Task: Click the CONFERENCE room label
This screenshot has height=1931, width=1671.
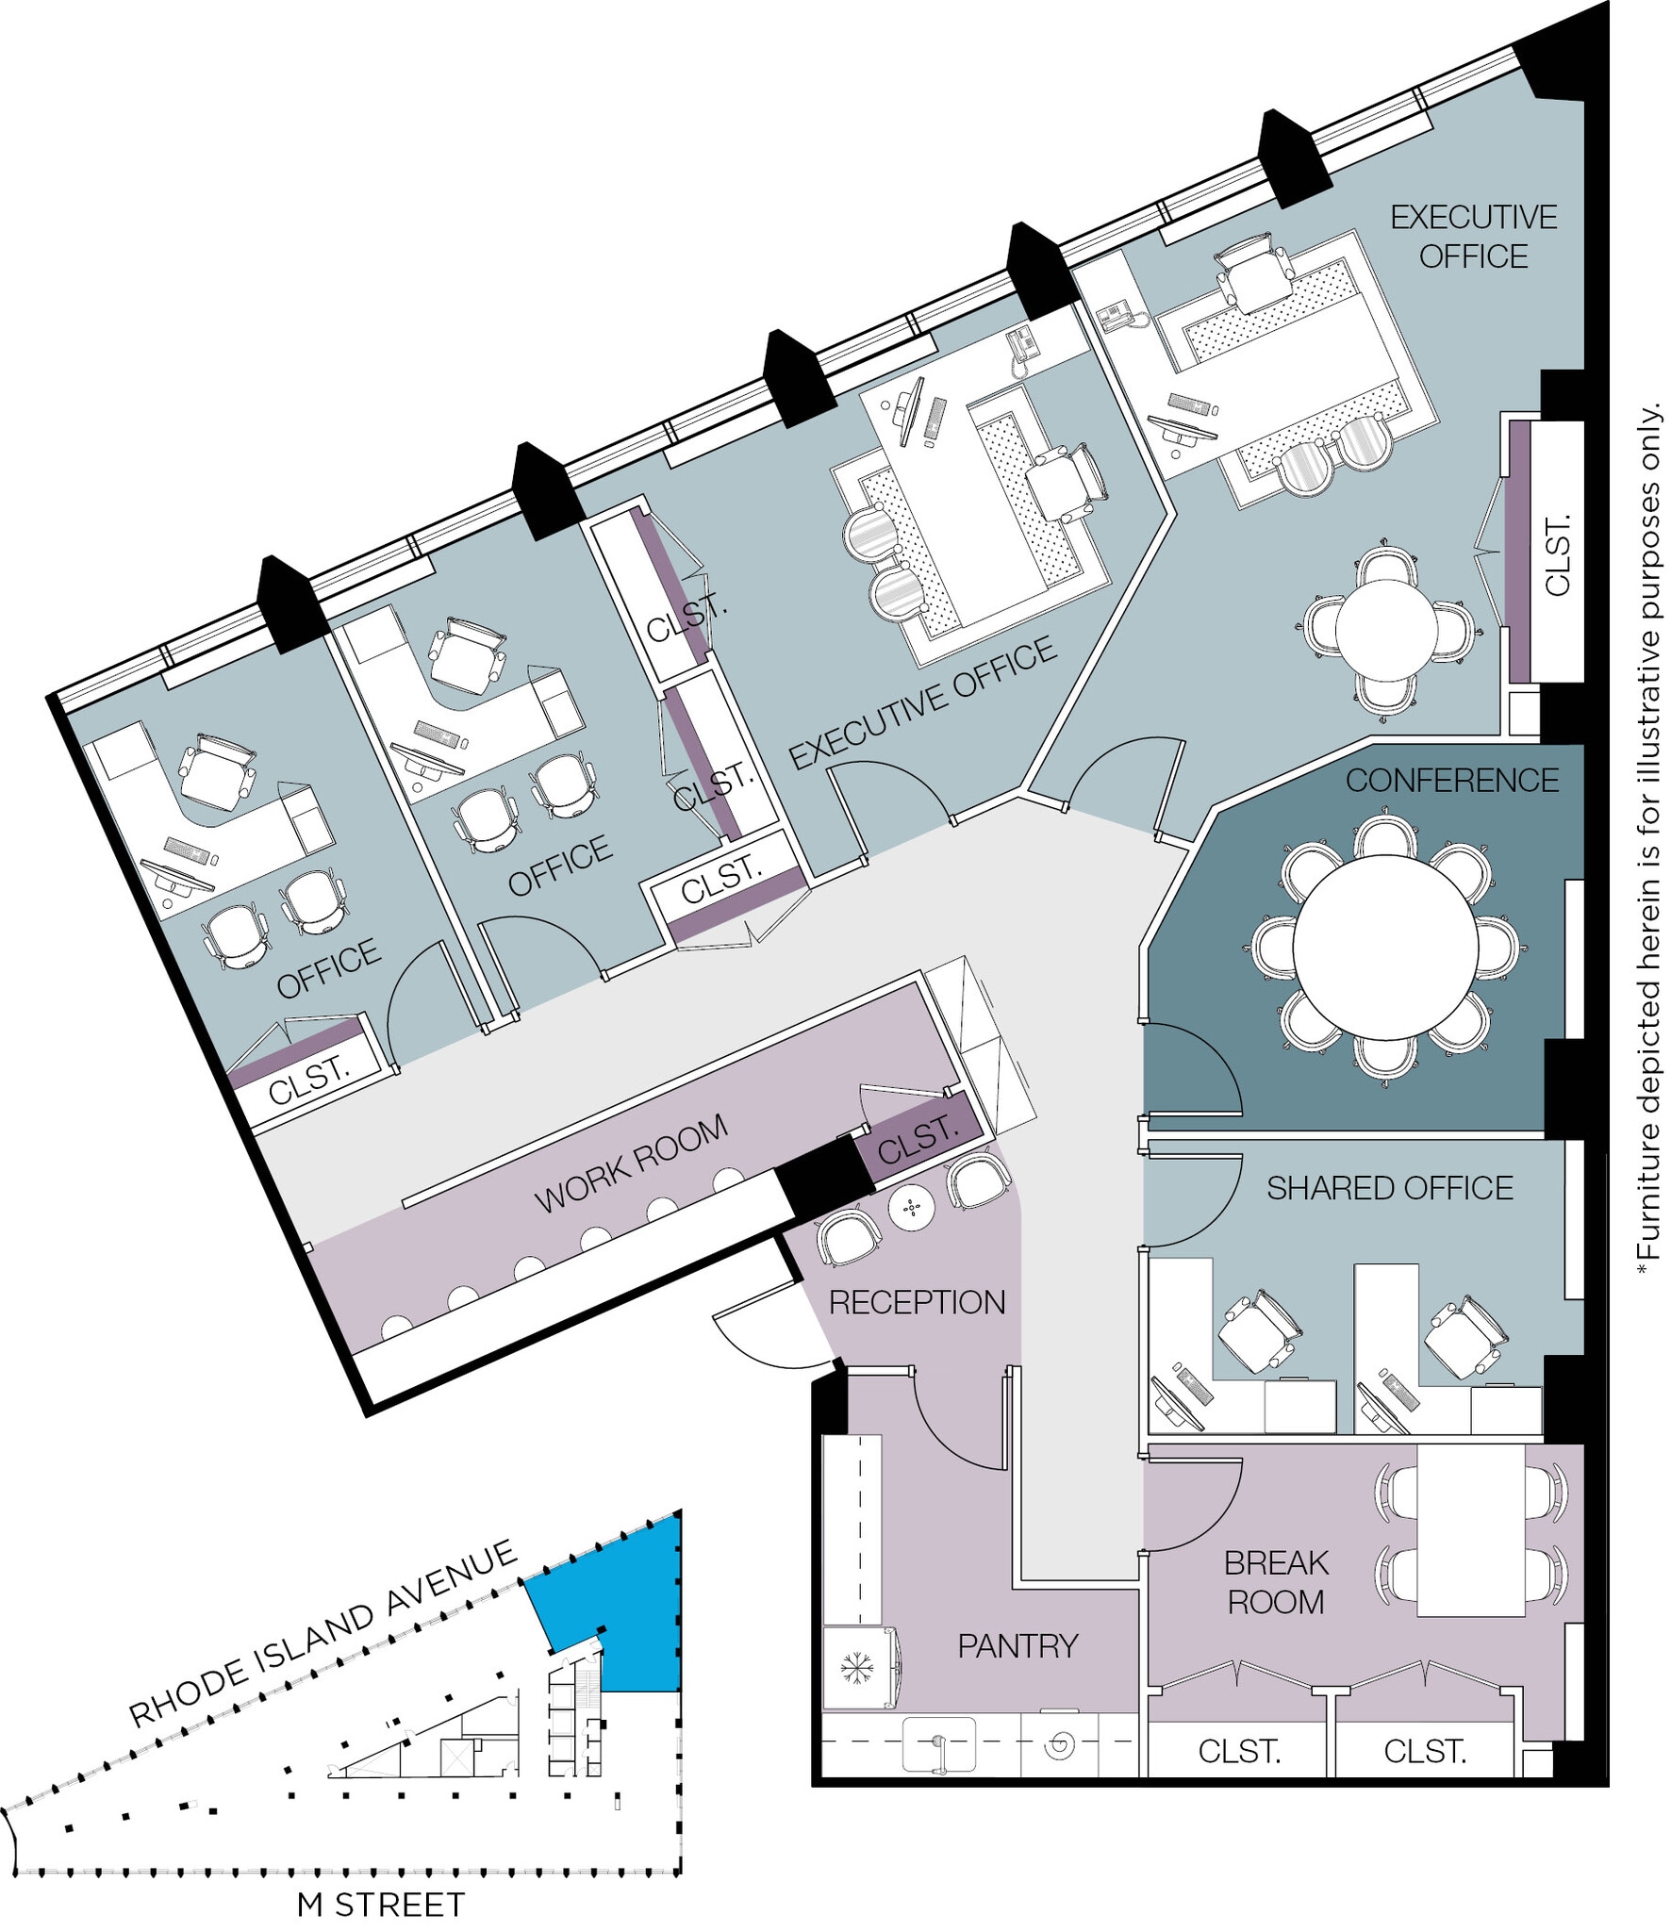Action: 1451,781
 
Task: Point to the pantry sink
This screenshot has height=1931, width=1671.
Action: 938,1744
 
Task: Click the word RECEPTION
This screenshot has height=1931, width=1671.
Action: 917,1302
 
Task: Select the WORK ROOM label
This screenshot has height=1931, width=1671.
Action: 631,1164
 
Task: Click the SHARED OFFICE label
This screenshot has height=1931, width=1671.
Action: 1389,1188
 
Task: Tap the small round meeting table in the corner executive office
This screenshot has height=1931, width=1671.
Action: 1385,630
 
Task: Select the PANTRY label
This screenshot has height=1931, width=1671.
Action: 1017,1646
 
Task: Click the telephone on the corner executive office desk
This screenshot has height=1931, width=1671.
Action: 1119,315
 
